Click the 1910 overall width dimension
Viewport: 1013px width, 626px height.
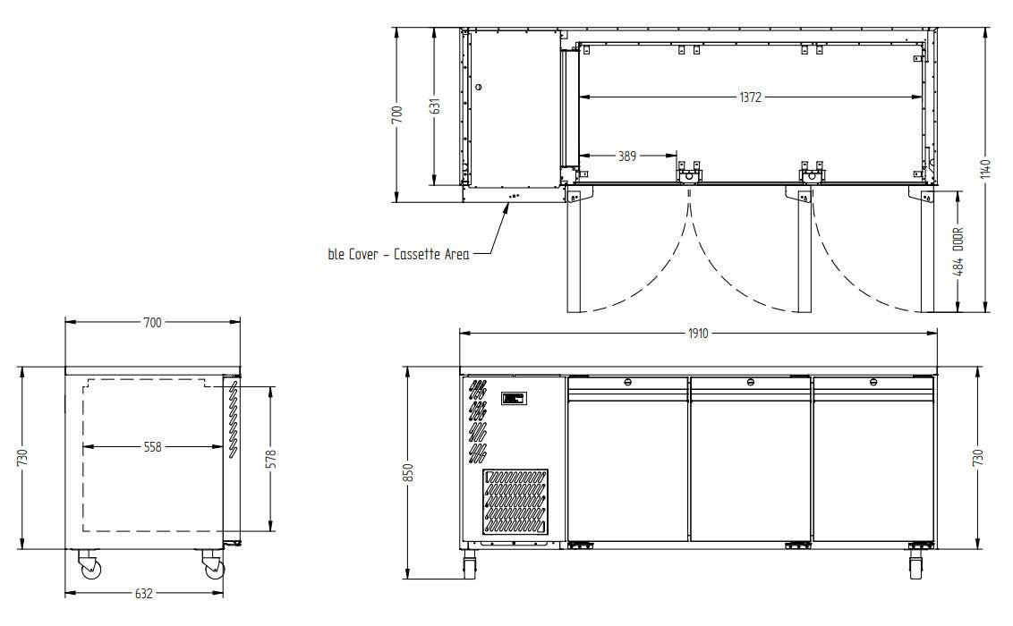pos(698,334)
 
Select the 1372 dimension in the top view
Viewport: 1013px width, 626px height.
pos(750,97)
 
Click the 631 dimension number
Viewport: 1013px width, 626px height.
pos(434,106)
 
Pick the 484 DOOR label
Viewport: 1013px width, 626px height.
pos(959,253)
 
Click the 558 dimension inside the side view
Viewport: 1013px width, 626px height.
pos(152,446)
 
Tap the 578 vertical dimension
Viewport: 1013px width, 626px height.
pos(271,458)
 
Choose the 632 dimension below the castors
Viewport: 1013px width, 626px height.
pos(143,593)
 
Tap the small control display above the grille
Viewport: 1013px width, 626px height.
pos(516,399)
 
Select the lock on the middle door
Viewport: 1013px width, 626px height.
pos(750,383)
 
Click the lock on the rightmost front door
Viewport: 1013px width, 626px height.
pos(873,383)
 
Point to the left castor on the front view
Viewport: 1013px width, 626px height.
pos(470,565)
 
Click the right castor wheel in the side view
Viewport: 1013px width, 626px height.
pos(214,567)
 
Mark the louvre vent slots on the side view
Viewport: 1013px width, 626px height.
pos(230,420)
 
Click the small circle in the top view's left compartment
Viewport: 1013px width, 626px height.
pos(479,87)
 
